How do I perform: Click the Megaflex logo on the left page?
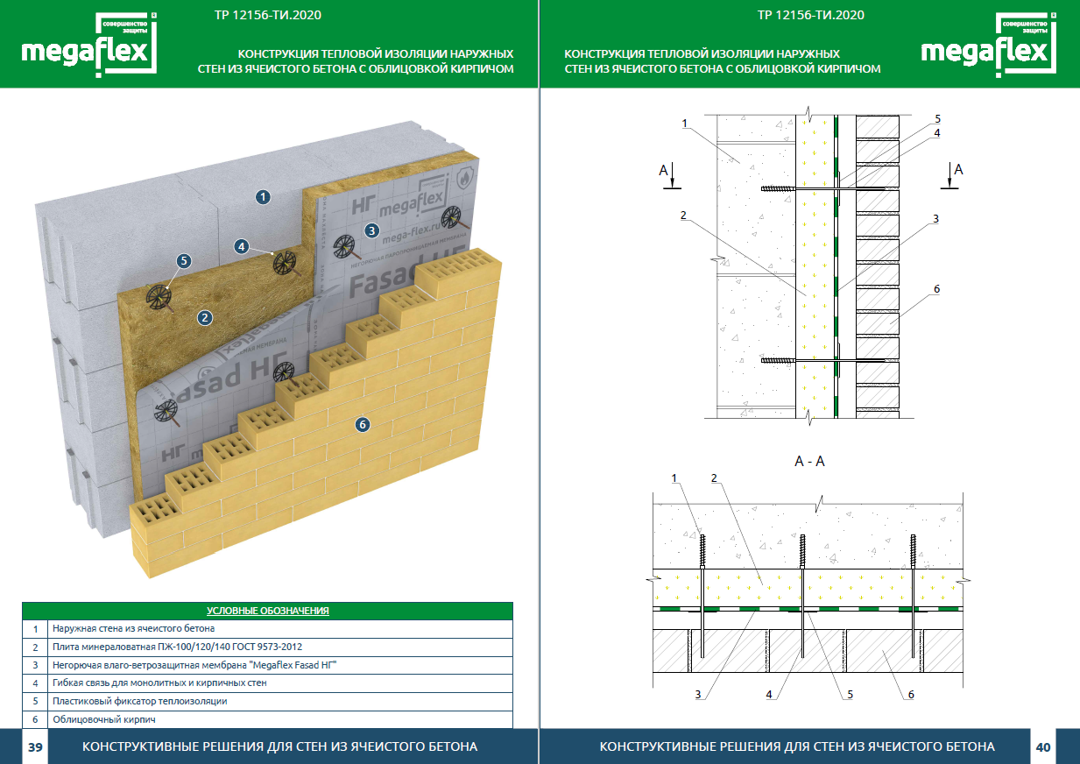coord(88,46)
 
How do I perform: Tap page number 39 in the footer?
coord(35,747)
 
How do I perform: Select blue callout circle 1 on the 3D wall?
coord(264,197)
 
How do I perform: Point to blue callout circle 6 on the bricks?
coord(363,425)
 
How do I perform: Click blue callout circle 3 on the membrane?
coord(371,231)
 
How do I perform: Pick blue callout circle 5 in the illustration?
coord(183,260)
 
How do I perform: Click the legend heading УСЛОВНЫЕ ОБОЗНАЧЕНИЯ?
coord(267,610)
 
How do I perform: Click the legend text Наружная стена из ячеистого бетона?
coord(133,628)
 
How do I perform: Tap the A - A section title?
coord(808,462)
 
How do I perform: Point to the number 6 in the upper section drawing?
coord(936,288)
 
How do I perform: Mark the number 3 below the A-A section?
coord(698,695)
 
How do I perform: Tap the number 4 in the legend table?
coord(35,683)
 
